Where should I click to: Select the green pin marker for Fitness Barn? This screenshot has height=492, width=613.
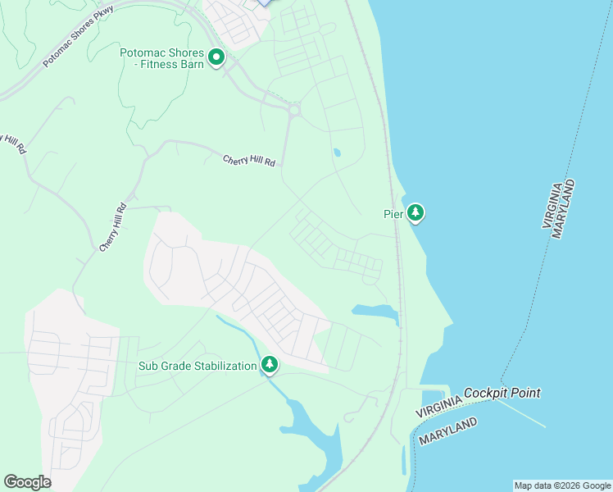coord(217,57)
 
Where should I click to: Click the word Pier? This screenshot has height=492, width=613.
coord(394,214)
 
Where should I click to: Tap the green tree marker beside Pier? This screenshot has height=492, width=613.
coord(416,213)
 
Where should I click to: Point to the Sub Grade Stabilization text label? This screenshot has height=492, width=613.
coord(198,366)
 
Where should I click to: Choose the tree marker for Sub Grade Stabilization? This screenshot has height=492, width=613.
coord(270,365)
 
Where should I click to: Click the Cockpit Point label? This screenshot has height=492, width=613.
coord(502,394)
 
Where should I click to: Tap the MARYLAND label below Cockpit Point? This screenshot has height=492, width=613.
coord(448,431)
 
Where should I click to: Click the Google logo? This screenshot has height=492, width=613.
coord(27,481)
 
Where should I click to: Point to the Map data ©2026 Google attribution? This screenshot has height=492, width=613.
coord(562,485)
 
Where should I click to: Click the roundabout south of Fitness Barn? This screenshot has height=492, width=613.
coord(293,109)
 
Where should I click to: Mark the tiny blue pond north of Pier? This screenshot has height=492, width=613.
coord(337,153)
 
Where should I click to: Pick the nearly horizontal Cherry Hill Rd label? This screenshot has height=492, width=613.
coord(249,161)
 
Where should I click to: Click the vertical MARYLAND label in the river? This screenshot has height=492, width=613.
coord(564,208)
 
